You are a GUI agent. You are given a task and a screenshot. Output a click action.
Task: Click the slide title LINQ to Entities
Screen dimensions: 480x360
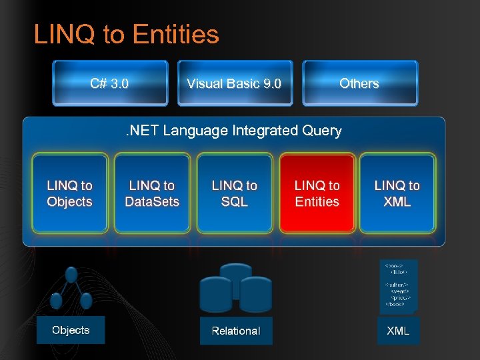click(x=126, y=35)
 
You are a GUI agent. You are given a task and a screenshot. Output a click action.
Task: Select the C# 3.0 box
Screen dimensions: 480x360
click(x=110, y=83)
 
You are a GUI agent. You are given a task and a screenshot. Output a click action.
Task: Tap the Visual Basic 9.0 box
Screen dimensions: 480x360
click(x=234, y=83)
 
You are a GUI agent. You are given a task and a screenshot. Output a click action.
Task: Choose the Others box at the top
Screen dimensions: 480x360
click(x=359, y=83)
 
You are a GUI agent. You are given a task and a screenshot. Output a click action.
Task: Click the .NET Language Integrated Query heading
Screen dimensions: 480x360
click(x=234, y=131)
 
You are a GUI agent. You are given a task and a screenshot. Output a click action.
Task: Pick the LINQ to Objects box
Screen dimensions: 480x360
click(x=70, y=193)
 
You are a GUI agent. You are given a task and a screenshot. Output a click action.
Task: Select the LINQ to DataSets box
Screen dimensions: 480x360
click(x=152, y=193)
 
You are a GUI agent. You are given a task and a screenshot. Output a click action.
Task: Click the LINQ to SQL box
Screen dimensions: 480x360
click(x=235, y=193)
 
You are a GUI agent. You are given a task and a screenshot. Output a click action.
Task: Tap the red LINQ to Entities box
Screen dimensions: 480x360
click(x=317, y=193)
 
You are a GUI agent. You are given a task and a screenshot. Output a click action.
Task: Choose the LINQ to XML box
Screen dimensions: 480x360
click(x=397, y=193)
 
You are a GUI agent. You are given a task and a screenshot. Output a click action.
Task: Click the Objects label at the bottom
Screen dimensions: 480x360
click(x=71, y=330)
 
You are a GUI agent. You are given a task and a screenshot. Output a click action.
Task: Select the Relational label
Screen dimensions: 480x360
click(x=236, y=331)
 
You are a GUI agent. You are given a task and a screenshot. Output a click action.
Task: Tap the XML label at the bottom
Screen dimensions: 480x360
click(x=399, y=330)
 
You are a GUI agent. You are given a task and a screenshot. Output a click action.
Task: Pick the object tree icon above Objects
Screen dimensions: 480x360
click(x=71, y=288)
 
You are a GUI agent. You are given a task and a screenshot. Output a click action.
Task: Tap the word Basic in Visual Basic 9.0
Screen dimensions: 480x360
click(x=241, y=83)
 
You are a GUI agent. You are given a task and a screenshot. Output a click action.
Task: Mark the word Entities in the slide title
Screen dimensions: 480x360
click(x=176, y=35)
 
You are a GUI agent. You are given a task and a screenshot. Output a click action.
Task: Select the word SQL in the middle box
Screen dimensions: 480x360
click(x=235, y=201)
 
